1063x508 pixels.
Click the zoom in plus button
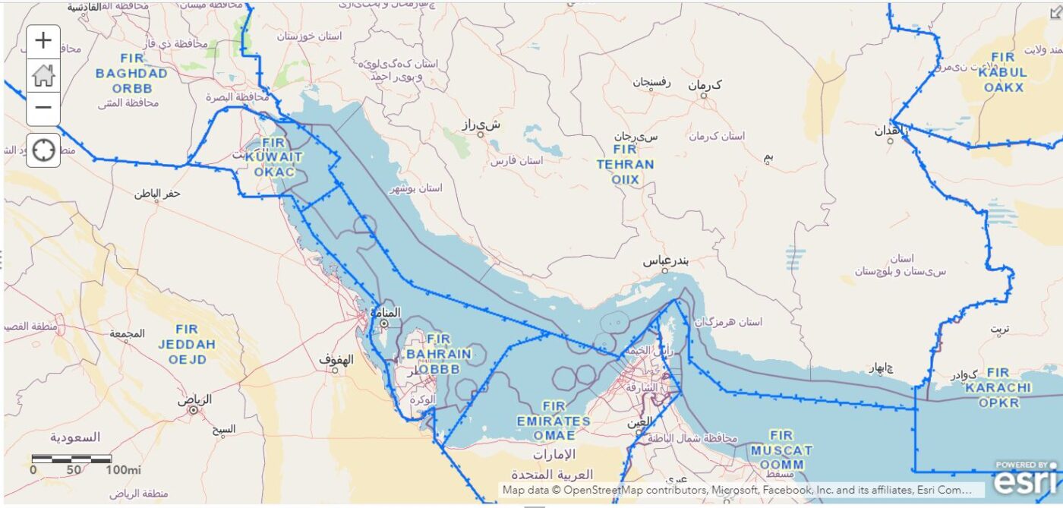(43, 41)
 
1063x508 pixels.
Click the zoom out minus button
(43, 107)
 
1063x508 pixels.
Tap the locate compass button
(43, 150)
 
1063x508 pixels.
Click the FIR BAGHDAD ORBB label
(131, 74)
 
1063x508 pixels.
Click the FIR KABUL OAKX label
(1003, 72)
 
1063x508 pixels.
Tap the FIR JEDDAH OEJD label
(187, 344)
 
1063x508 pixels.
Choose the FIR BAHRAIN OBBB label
(438, 354)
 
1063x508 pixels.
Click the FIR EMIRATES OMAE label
(554, 421)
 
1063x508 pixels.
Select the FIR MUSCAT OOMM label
(781, 450)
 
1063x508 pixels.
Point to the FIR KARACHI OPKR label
(998, 387)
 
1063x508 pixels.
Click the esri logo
(1025, 479)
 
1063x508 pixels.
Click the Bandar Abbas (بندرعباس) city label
(665, 260)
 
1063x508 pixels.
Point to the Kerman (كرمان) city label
(705, 85)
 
